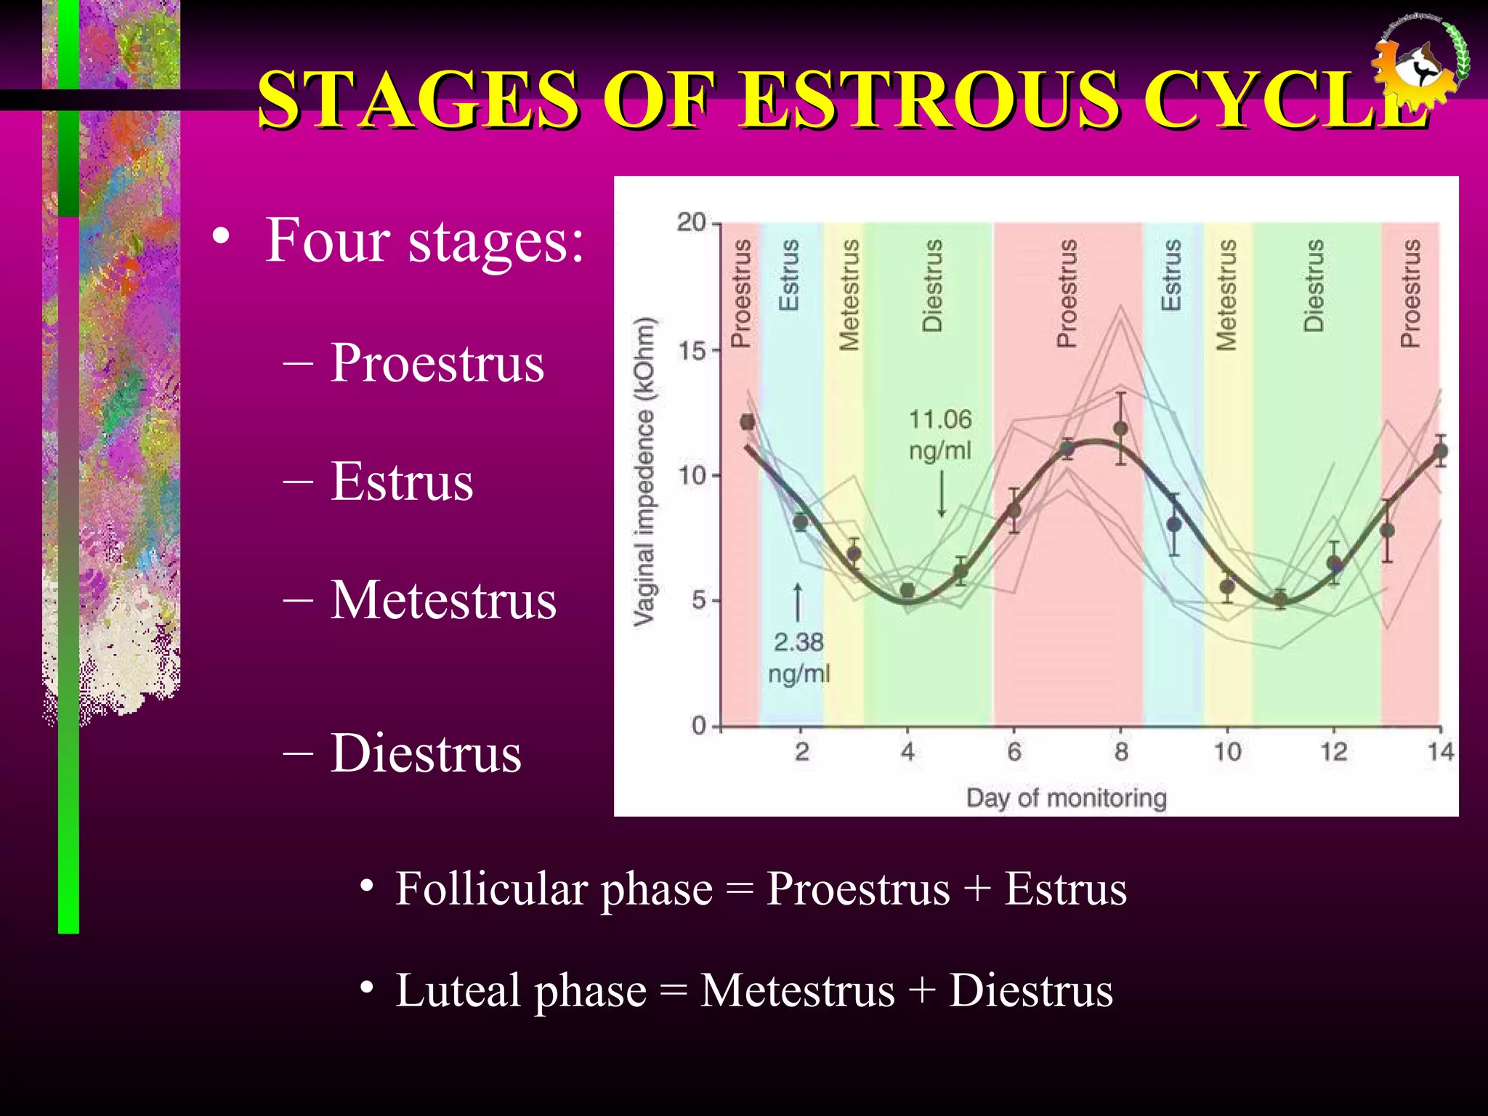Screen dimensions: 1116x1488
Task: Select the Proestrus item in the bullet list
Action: click(437, 363)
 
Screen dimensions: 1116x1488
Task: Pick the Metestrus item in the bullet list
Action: click(443, 600)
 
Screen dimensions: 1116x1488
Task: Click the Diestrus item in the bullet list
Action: click(426, 753)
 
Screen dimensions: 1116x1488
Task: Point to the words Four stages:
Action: click(424, 240)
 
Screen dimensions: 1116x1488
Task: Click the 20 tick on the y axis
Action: click(692, 222)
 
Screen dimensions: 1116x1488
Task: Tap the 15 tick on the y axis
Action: click(692, 351)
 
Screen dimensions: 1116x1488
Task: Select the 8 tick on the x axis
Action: click(1121, 751)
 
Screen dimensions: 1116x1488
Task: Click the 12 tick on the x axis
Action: click(1334, 751)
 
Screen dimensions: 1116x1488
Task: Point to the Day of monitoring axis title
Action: click(1066, 798)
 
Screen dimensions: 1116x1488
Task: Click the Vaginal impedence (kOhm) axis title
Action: click(644, 472)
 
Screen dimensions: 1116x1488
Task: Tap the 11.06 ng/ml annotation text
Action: click(940, 434)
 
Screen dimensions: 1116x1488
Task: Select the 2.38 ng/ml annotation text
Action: click(798, 658)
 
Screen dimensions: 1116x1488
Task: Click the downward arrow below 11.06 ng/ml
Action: click(942, 494)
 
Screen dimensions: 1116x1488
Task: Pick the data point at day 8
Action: click(1121, 429)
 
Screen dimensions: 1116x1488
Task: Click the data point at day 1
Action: click(747, 422)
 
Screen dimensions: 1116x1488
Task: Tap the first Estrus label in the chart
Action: click(789, 275)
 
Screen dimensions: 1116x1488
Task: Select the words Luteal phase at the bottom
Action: click(520, 990)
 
